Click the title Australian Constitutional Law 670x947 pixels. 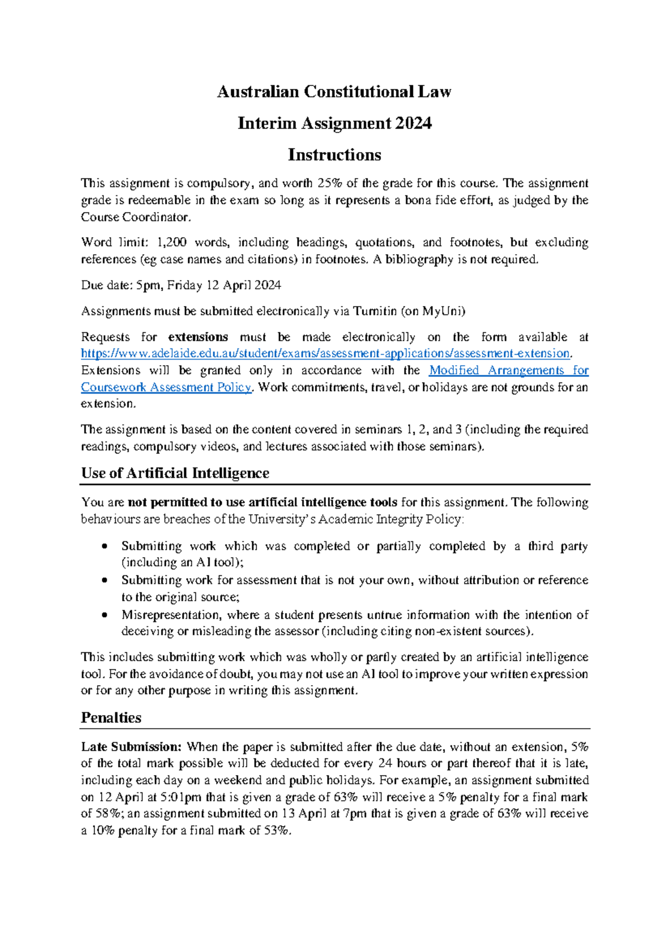coord(334,92)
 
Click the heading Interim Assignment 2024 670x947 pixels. coord(334,123)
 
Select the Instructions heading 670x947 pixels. coord(334,155)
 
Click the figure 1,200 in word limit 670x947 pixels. coord(172,242)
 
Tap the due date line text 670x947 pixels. coord(181,285)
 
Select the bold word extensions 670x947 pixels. coord(198,337)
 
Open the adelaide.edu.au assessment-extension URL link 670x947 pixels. coord(326,353)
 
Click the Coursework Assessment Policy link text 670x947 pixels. coord(166,387)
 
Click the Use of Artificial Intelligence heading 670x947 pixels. coord(175,473)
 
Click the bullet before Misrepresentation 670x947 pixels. coord(104,615)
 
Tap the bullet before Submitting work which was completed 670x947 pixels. coord(104,546)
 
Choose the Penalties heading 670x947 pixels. coord(111,718)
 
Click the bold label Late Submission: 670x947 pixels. coord(131,747)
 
